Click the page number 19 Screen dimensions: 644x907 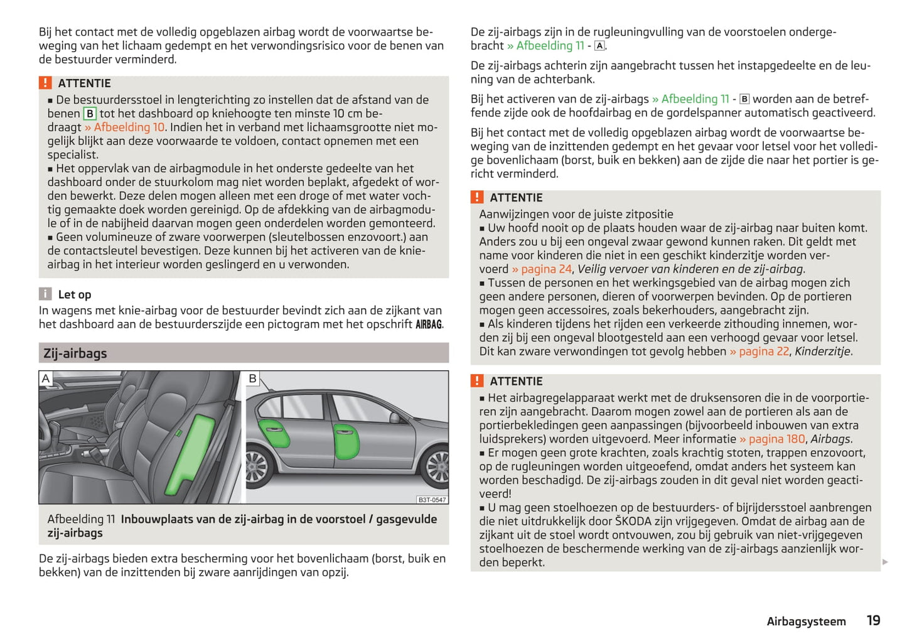point(873,621)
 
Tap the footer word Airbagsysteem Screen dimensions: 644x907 point(806,621)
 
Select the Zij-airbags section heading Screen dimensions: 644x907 point(75,353)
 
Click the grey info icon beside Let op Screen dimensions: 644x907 point(45,294)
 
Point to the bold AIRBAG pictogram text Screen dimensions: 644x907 point(429,325)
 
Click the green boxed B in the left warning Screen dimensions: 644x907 point(90,114)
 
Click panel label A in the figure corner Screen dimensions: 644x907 point(46,378)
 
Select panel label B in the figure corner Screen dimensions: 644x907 point(252,378)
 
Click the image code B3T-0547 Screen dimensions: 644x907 point(432,500)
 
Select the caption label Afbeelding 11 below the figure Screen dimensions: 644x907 point(82,519)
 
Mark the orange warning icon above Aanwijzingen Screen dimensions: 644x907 point(477,197)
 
